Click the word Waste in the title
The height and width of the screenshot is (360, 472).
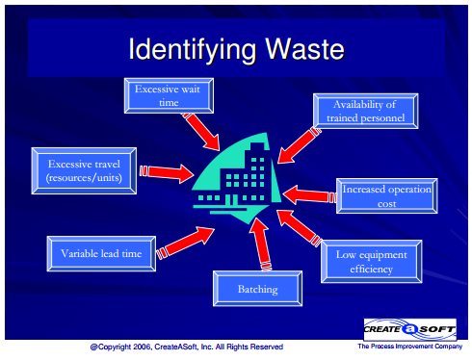(304, 49)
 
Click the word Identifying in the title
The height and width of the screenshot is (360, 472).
(192, 51)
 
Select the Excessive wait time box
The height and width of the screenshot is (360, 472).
(169, 95)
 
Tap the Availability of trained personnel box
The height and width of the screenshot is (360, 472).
(366, 111)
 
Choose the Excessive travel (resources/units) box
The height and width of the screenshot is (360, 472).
(84, 170)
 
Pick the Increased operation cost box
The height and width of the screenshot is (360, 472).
(387, 196)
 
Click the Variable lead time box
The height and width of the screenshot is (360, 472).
(101, 254)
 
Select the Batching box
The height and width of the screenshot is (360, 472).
(257, 289)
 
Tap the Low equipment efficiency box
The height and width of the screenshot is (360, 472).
(372, 262)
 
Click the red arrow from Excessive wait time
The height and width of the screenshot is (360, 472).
(201, 131)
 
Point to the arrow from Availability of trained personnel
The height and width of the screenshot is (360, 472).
(300, 145)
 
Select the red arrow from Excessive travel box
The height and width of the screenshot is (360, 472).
(167, 172)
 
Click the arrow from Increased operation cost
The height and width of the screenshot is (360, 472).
(310, 195)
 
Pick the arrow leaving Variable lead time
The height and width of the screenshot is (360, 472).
(185, 243)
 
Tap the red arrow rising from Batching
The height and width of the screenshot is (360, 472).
(261, 244)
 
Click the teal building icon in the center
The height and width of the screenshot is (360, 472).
(238, 179)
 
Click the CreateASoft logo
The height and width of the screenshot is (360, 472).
(410, 329)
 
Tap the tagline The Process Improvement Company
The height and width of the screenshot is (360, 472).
(410, 347)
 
